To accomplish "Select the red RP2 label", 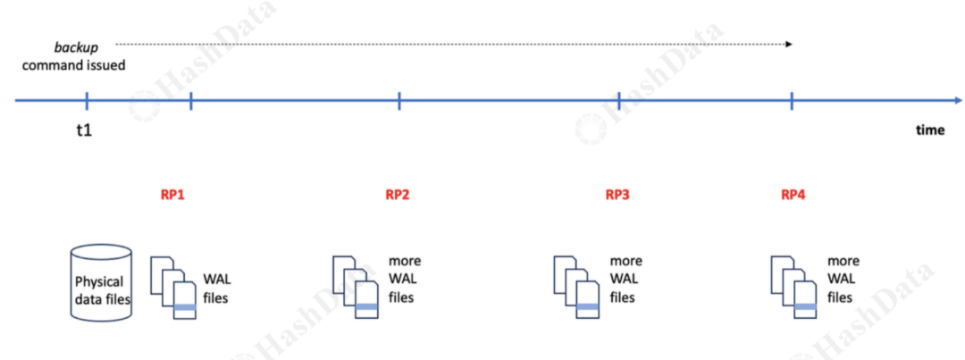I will click(x=398, y=194).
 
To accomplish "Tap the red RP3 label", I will click(x=617, y=194).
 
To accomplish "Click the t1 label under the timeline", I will click(x=84, y=130).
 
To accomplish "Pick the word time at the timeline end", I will click(x=930, y=130).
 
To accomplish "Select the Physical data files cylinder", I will click(x=101, y=283).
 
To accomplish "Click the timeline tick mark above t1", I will click(x=87, y=101).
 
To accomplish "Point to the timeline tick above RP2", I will click(x=399, y=101).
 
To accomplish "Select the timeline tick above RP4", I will click(x=792, y=101).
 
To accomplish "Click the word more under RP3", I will click(x=626, y=261).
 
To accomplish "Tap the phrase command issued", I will click(x=73, y=64).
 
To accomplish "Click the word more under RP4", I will click(x=843, y=261).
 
